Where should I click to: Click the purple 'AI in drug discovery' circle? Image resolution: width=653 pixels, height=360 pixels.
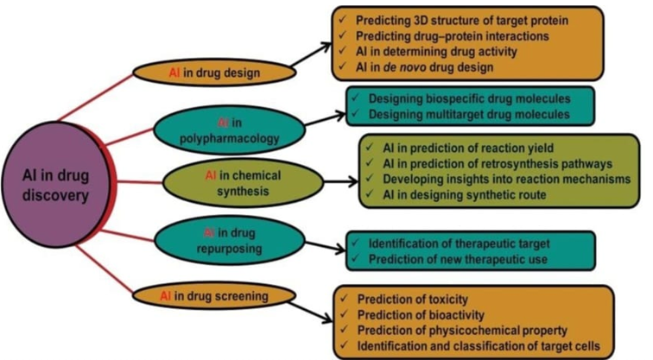56,185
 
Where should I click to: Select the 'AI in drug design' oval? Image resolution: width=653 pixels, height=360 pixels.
214,73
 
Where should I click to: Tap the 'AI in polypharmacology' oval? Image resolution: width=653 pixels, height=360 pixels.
230,129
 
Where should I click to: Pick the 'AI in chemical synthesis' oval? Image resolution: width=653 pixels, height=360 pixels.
243,183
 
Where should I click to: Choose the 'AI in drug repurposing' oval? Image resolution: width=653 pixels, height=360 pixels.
230,241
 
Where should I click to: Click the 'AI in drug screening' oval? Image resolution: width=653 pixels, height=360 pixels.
214,296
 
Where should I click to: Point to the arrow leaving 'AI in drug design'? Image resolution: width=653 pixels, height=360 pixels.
311,54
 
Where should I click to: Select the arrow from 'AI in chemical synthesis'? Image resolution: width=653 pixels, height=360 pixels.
340,181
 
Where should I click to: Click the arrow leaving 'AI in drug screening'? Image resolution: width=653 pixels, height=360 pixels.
310,313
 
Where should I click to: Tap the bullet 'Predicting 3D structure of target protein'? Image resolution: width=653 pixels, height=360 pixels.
462,21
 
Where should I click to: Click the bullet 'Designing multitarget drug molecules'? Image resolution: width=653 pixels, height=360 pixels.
469,114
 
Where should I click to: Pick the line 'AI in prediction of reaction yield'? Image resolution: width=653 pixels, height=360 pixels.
468,148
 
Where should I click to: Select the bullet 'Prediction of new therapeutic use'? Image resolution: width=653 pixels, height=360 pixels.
458,259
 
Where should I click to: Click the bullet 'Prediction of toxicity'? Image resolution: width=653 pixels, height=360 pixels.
412,300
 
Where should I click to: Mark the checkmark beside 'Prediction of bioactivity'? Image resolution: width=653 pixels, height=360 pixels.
345,313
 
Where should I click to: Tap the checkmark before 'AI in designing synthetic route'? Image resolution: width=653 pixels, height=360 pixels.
370,194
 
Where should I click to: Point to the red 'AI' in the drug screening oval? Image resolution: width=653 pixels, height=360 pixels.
166,296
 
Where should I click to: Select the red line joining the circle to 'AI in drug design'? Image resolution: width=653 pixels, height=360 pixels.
95,98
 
